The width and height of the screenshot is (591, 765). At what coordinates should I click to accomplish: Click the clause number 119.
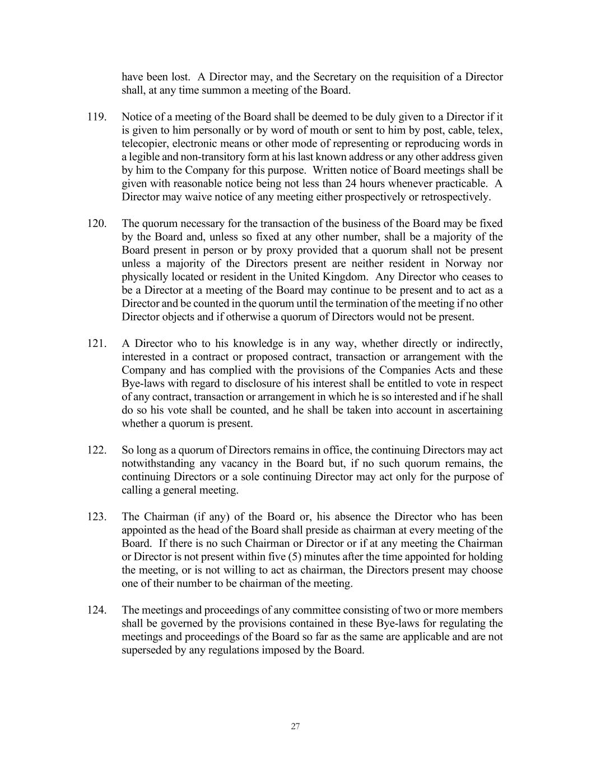tap(97, 117)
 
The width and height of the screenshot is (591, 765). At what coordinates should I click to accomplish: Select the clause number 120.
tap(97, 224)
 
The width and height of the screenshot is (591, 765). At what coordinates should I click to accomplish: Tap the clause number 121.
tap(97, 344)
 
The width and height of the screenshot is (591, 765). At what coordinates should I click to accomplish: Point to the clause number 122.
tap(97, 450)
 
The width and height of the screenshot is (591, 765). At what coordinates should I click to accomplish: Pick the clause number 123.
tap(97, 517)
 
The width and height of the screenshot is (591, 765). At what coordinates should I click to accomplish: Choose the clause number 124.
tap(97, 610)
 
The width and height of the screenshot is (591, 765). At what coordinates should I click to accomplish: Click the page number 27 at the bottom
tap(296, 726)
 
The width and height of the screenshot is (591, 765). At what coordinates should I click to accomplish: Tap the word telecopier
tap(145, 143)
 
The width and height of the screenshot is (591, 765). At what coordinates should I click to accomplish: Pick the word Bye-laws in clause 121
tap(141, 384)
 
